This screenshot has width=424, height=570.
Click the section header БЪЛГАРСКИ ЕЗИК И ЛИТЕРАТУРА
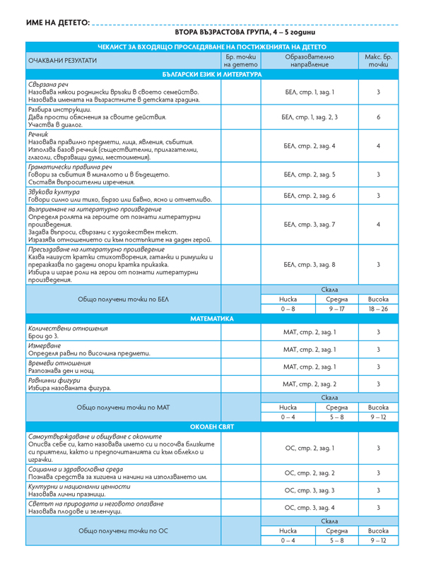tap(211, 74)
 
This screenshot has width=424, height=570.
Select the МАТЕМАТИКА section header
tap(211, 319)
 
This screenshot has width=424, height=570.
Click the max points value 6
tap(379, 117)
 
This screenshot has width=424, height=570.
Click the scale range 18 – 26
tap(379, 309)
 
